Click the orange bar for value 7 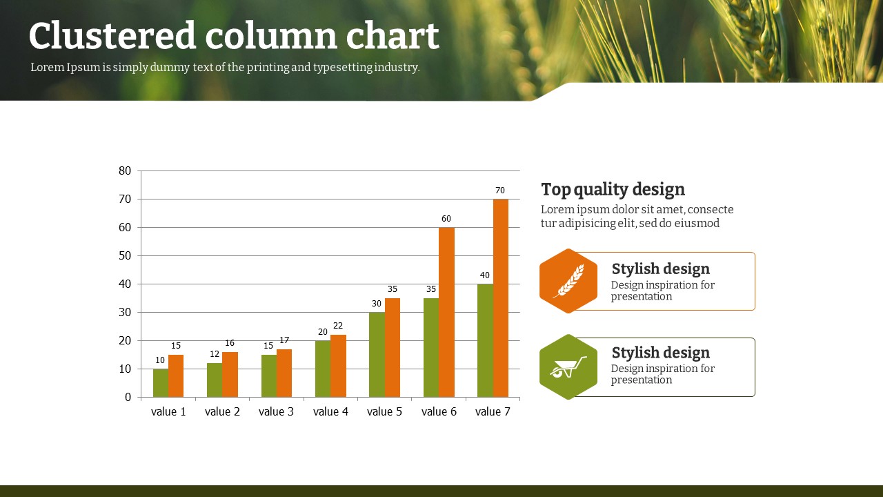(x=501, y=298)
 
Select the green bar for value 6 (x=431, y=347)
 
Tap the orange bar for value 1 (x=176, y=376)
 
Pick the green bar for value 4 (x=323, y=369)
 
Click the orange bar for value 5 (x=393, y=347)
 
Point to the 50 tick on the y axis (x=125, y=255)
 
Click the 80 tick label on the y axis (x=125, y=170)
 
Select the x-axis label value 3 (x=277, y=412)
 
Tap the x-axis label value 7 (x=493, y=412)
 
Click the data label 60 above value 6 (x=446, y=219)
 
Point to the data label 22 (x=338, y=325)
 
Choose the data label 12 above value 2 (x=215, y=354)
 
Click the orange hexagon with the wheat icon (x=568, y=281)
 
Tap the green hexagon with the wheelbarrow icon (x=568, y=367)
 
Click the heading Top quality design (x=613, y=190)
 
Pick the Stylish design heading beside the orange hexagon (x=661, y=269)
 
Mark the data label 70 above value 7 (x=500, y=191)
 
